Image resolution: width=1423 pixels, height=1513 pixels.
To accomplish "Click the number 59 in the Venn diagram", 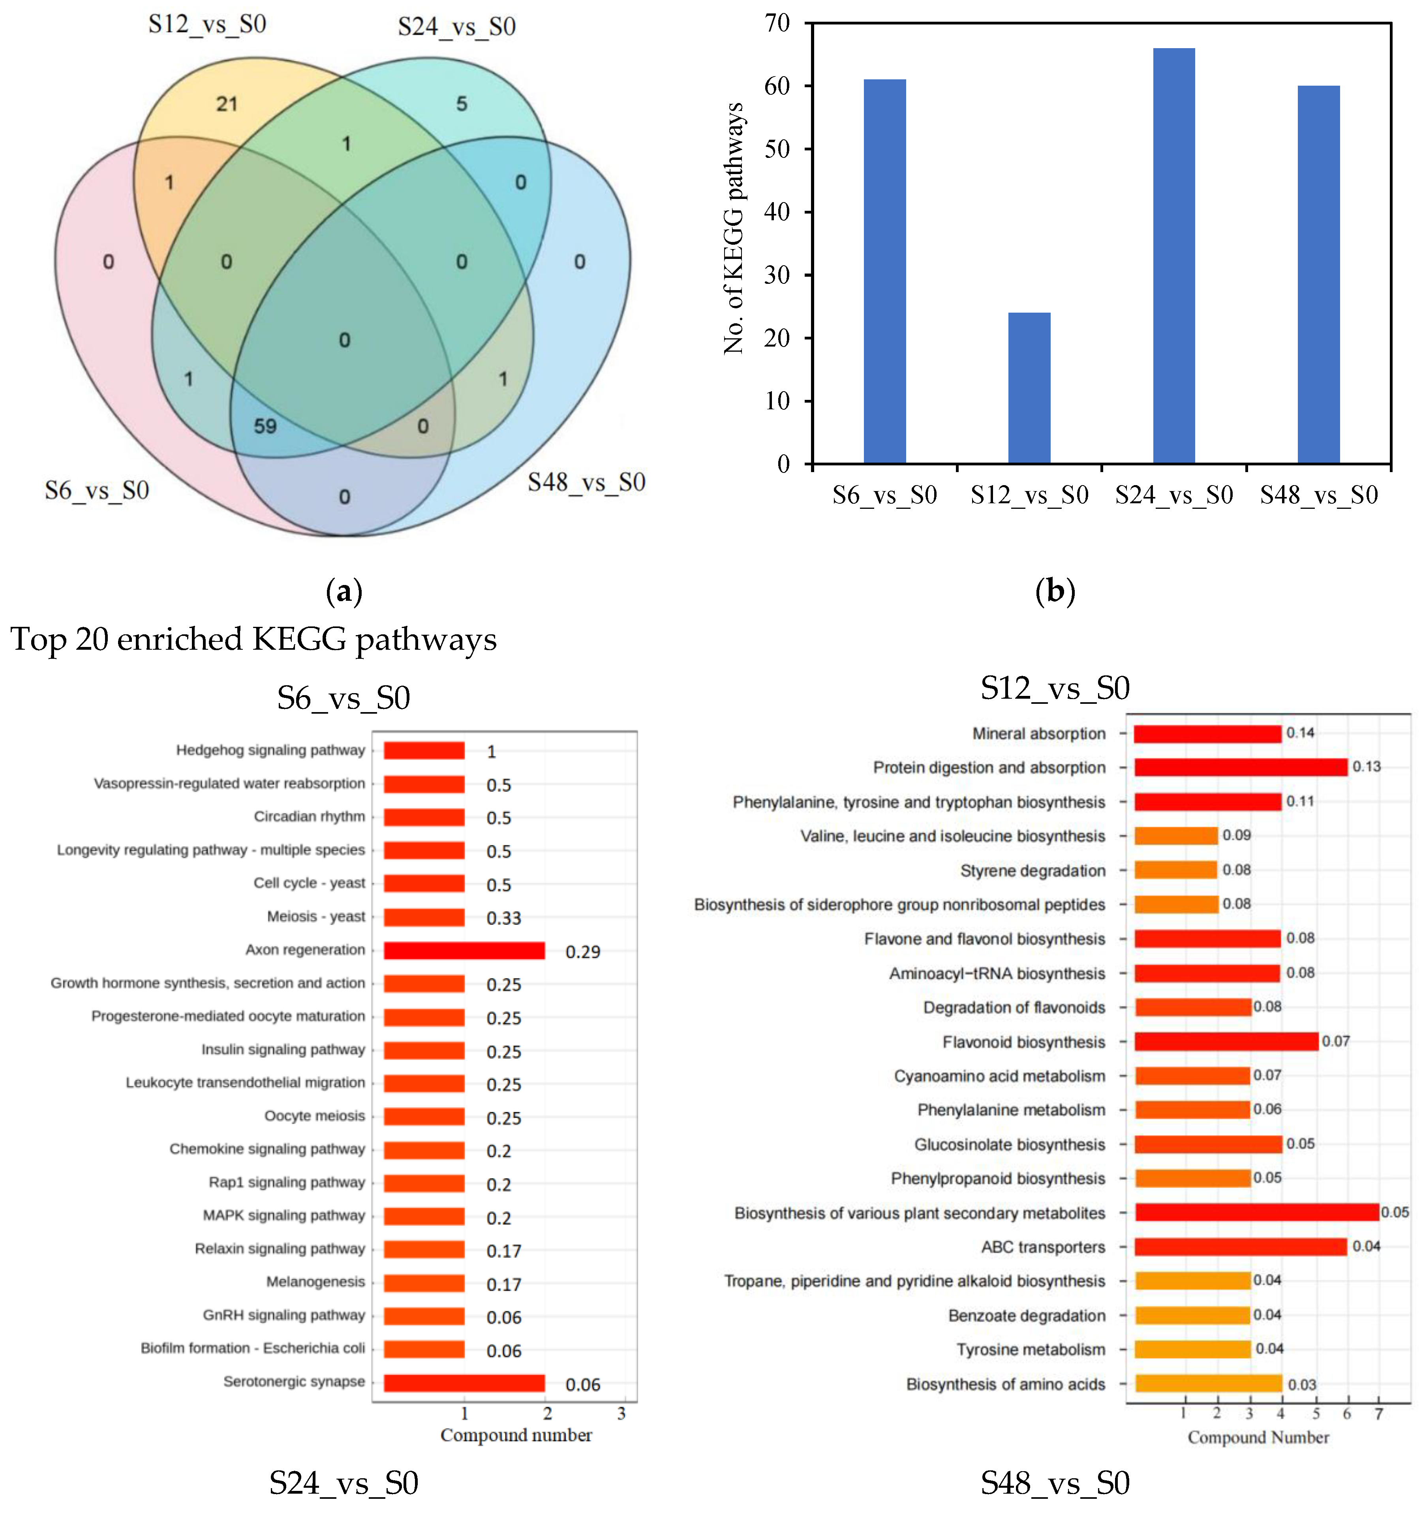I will pyautogui.click(x=265, y=426).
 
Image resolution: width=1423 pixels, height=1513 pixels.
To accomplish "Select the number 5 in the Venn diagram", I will pyautogui.click(x=462, y=104).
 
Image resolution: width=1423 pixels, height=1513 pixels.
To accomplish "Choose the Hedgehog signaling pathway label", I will pyautogui.click(x=270, y=750).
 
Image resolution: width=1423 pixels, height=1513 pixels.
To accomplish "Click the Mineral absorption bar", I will pyautogui.click(x=1207, y=734).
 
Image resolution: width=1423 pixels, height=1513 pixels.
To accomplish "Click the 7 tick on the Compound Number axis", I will pyautogui.click(x=1378, y=1414).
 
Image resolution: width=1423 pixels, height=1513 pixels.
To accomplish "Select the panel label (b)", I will pyautogui.click(x=1055, y=591).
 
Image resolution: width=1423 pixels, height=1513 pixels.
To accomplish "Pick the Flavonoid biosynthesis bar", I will pyautogui.click(x=1226, y=1041).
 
